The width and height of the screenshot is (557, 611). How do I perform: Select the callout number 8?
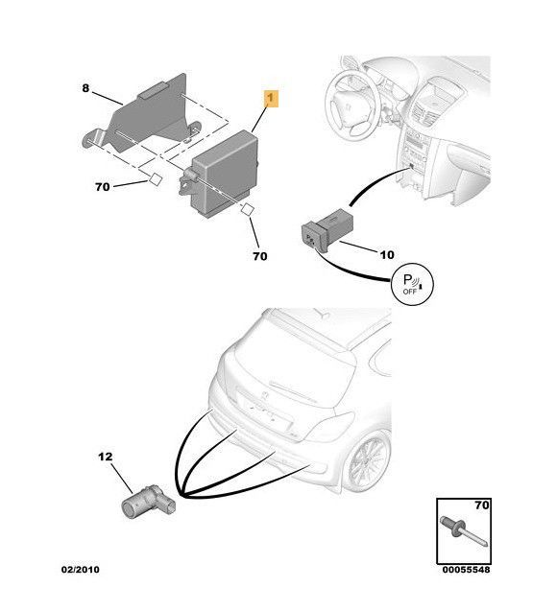point(85,88)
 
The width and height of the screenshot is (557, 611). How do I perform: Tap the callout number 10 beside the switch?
point(386,255)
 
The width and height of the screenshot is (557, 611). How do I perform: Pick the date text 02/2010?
point(80,570)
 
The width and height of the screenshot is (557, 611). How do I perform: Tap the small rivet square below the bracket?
point(152,178)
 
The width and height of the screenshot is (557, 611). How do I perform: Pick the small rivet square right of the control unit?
point(247,210)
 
